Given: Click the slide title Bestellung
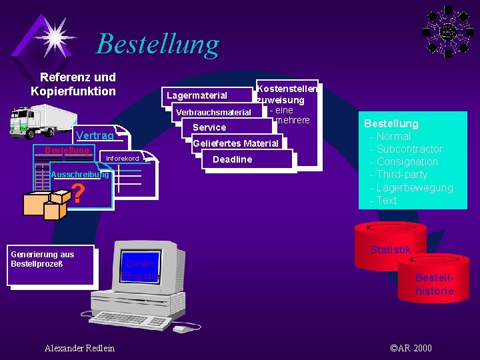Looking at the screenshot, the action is (x=157, y=44).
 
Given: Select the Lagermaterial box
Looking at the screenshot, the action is (x=197, y=95).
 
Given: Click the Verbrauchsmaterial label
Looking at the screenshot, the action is (x=213, y=112).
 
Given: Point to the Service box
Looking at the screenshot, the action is (x=209, y=127).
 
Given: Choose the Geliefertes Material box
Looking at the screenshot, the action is (x=235, y=143).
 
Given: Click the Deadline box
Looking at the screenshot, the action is (x=232, y=159).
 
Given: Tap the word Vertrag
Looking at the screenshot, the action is (x=95, y=136).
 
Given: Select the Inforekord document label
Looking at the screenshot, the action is (x=123, y=159).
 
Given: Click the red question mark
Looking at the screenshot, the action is (x=78, y=194).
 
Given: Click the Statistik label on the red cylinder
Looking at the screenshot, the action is (x=390, y=249).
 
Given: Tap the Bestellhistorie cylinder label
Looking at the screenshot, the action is (x=434, y=284).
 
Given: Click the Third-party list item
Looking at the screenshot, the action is (x=402, y=175).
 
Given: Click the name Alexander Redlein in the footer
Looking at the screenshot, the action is (x=79, y=348).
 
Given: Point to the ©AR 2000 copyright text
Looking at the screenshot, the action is (x=411, y=348).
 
